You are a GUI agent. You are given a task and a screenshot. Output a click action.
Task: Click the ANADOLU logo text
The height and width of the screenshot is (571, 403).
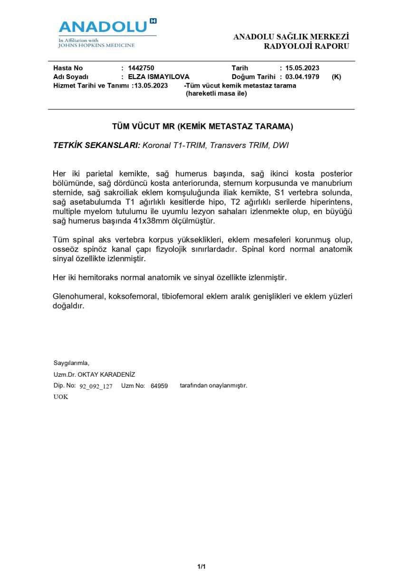tap(103, 27)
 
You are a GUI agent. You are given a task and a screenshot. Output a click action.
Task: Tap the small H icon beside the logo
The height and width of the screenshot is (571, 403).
tap(153, 21)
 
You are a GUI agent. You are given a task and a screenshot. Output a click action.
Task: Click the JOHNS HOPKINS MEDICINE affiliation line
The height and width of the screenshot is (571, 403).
tap(96, 46)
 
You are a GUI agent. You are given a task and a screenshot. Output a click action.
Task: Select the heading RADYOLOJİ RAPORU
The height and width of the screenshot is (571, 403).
tap(307, 46)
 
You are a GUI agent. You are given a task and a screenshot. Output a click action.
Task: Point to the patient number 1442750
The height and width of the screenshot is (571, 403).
tap(141, 68)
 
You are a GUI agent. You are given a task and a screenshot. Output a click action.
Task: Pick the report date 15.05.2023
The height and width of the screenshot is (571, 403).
tap(302, 68)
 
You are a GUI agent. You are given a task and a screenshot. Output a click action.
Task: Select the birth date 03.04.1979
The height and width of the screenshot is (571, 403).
tap(302, 77)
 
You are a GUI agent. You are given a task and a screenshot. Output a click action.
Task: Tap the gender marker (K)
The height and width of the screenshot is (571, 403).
tap(336, 77)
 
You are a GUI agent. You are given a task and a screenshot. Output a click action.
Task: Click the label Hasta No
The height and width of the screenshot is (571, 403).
tap(68, 68)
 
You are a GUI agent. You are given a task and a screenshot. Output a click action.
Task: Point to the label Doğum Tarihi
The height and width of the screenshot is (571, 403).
tap(253, 77)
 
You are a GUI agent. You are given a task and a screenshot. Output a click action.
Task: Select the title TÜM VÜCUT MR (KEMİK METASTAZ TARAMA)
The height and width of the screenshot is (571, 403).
tap(202, 127)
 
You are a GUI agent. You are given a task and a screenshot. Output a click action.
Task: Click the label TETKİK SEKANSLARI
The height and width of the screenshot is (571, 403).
tap(96, 146)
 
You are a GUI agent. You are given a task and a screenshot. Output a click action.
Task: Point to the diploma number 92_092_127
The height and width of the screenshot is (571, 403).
tap(96, 386)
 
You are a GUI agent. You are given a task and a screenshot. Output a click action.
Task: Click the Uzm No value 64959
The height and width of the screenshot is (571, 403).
tap(159, 386)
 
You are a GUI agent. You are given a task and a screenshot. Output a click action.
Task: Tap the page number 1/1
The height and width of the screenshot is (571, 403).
tap(201, 566)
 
